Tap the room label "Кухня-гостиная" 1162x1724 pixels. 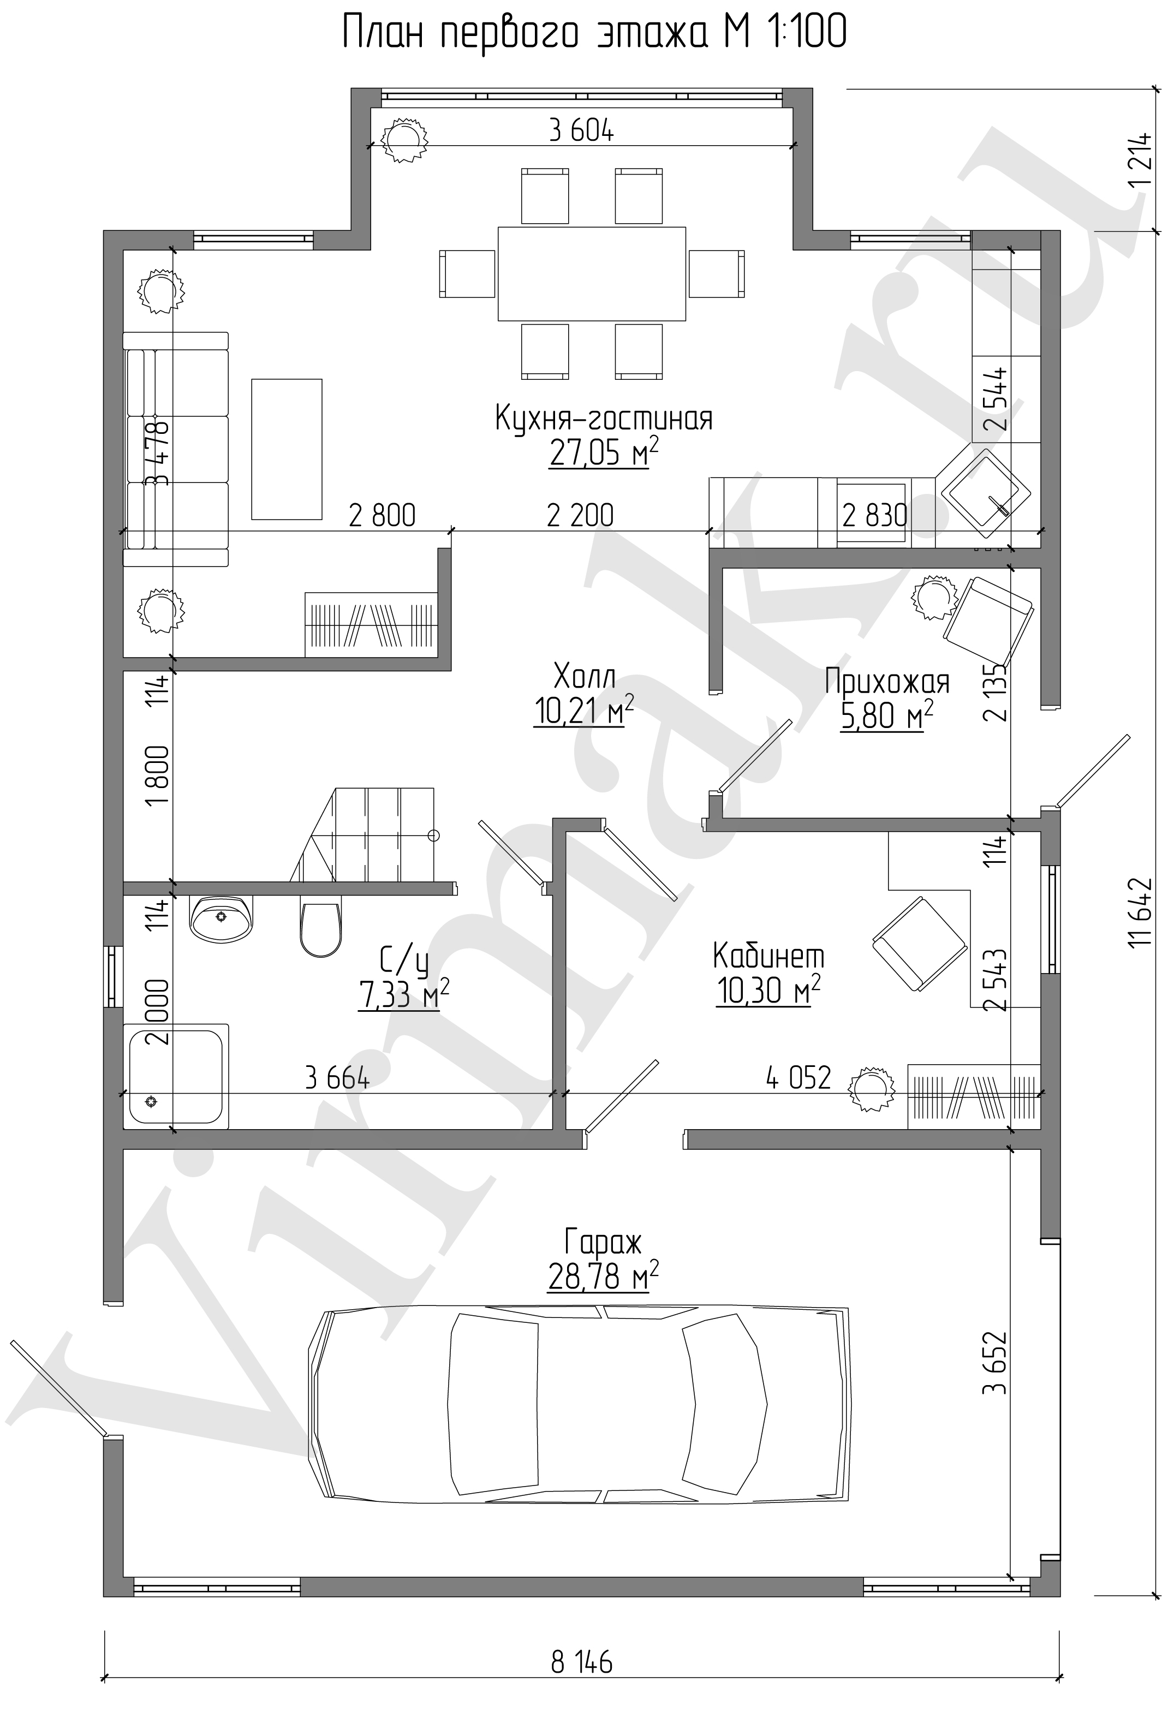click(603, 419)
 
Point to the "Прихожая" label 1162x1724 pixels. click(887, 681)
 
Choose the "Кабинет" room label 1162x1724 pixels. click(768, 956)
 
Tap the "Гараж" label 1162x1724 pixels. click(603, 1242)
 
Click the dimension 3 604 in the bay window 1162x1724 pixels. click(582, 131)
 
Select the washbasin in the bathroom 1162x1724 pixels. click(222, 918)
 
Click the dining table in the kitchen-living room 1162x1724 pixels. click(592, 273)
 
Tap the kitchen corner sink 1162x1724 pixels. click(988, 493)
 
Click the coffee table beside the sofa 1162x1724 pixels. click(287, 449)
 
